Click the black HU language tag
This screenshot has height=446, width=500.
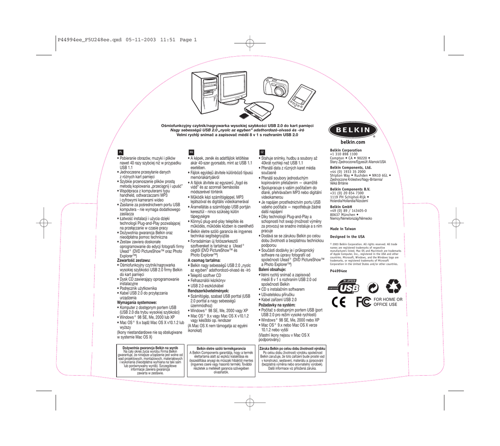pos(191,152)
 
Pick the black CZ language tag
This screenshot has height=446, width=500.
pos(262,152)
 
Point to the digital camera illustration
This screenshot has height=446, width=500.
pos(275,86)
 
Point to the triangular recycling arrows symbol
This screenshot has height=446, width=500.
pos(393,287)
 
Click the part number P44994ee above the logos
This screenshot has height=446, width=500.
pos(339,271)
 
